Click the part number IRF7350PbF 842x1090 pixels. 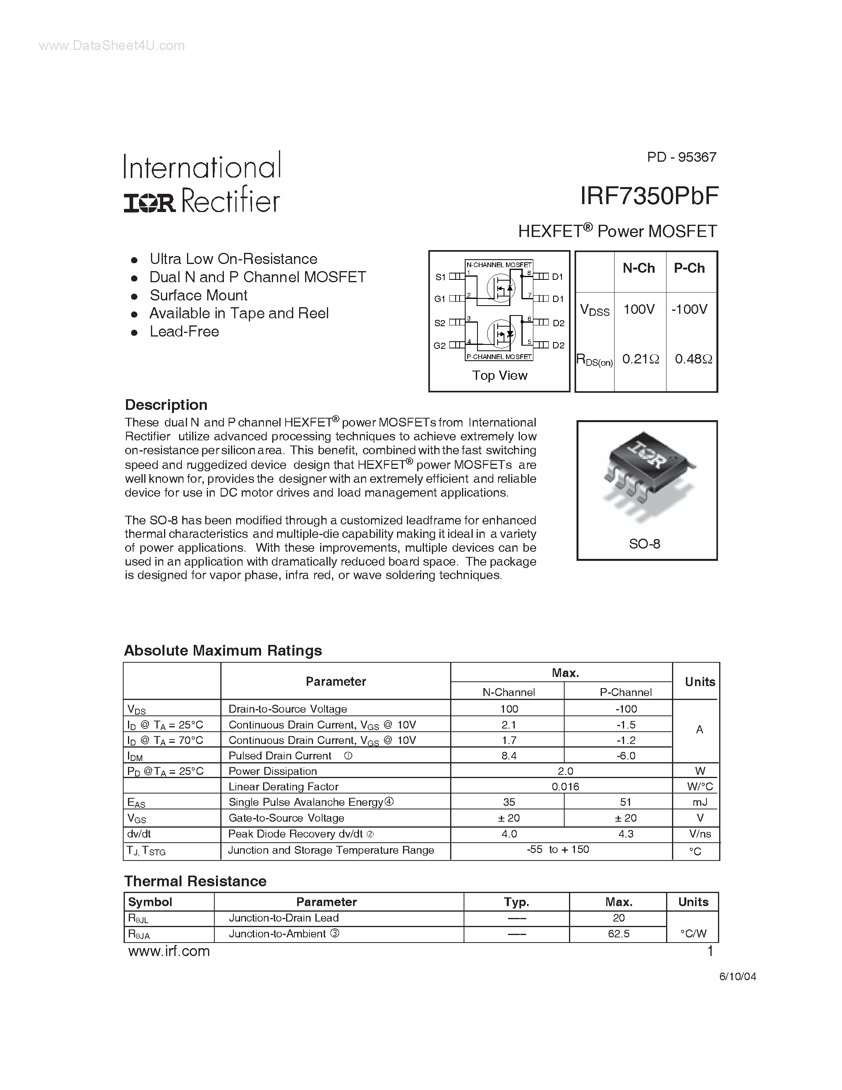click(x=649, y=196)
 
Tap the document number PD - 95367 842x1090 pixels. click(x=682, y=157)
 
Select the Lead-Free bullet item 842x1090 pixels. click(x=184, y=331)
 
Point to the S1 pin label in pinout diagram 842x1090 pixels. click(x=440, y=277)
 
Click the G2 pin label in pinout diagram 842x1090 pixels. click(x=439, y=345)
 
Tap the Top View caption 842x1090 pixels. click(x=499, y=375)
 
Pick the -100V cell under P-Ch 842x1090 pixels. click(x=689, y=310)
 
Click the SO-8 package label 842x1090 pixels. click(x=644, y=543)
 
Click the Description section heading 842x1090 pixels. click(x=166, y=405)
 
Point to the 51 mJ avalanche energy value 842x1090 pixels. click(x=626, y=802)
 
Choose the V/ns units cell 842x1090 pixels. click(x=700, y=834)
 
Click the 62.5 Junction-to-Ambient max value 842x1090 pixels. click(x=619, y=934)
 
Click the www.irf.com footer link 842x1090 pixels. click(x=169, y=951)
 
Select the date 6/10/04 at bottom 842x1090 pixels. click(x=738, y=977)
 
